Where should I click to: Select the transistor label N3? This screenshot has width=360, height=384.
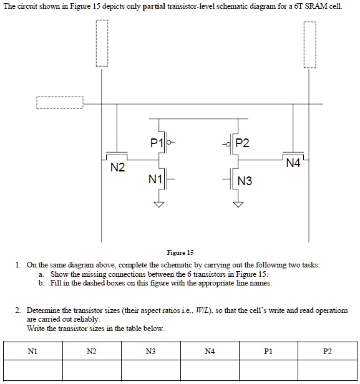[x=245, y=181]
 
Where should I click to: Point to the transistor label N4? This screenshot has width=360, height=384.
[x=293, y=164]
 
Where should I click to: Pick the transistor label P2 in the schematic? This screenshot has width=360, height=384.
[x=241, y=143]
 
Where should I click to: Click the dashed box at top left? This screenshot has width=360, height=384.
[x=102, y=44]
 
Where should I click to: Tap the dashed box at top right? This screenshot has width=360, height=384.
[x=310, y=44]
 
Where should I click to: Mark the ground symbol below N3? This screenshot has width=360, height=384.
[x=238, y=204]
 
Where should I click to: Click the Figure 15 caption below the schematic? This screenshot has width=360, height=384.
[x=180, y=252]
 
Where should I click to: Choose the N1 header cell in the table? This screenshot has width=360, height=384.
[x=32, y=352]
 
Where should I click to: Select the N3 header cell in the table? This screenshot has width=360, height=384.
[x=150, y=352]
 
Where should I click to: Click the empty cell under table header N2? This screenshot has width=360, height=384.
[x=91, y=371]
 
